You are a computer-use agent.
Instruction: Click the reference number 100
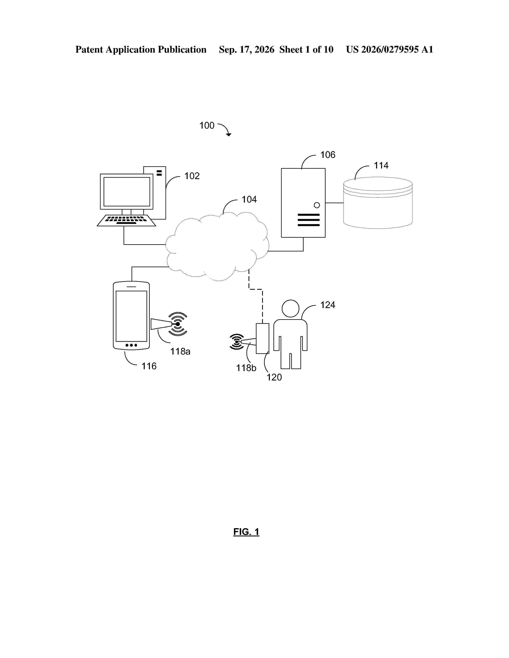click(x=207, y=125)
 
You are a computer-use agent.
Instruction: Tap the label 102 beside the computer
click(x=192, y=176)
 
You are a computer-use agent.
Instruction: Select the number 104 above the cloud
click(x=249, y=199)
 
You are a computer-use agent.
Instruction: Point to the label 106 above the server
click(x=328, y=155)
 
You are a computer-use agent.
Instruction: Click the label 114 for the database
click(x=381, y=165)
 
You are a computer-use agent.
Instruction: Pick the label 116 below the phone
click(x=149, y=366)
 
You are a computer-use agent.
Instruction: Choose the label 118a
click(x=180, y=351)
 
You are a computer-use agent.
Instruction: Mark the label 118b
click(x=246, y=368)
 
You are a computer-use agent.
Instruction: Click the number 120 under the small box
click(x=274, y=377)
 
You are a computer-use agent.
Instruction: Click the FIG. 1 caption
click(x=246, y=532)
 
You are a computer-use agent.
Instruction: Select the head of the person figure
click(x=290, y=308)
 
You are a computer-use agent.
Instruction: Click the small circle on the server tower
click(x=317, y=205)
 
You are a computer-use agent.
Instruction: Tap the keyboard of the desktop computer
click(x=126, y=221)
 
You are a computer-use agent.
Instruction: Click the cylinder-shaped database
click(x=378, y=203)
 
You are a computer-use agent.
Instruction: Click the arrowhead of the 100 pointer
click(x=229, y=134)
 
